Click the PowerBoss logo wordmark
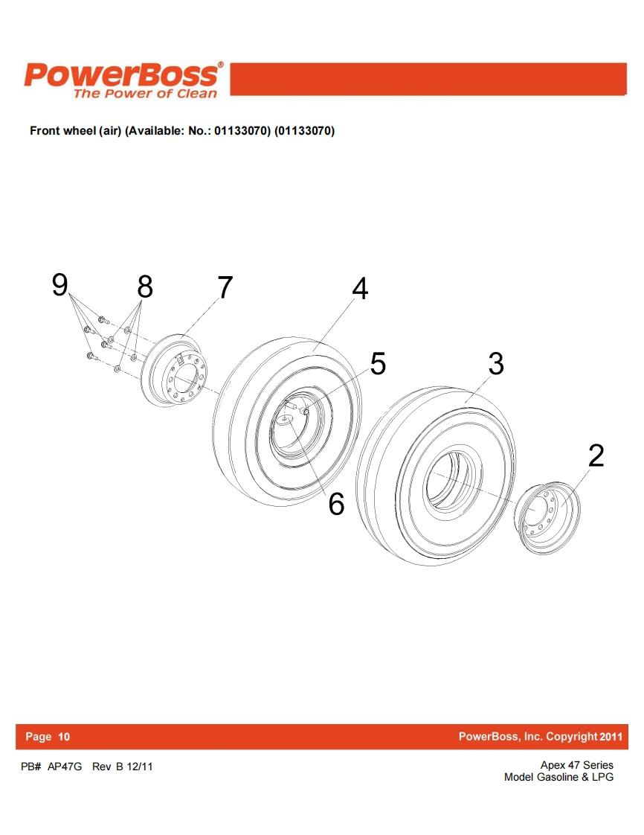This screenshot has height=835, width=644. [x=123, y=75]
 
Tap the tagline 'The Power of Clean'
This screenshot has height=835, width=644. [x=145, y=94]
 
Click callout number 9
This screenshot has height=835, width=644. [x=60, y=284]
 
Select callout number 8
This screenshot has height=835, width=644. [x=145, y=287]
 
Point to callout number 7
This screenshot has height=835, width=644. [x=225, y=287]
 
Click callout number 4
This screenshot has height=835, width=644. [x=361, y=289]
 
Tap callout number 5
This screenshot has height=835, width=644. [x=378, y=364]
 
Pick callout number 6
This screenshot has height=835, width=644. [x=336, y=504]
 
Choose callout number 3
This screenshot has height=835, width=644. [x=496, y=364]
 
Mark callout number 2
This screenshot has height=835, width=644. [x=596, y=456]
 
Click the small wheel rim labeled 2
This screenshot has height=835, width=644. [x=548, y=518]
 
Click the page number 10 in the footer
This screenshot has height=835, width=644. [x=64, y=737]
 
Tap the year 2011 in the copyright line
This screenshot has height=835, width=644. [x=611, y=737]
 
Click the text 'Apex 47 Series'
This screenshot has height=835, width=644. [x=577, y=765]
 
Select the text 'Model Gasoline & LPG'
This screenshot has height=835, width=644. [x=558, y=778]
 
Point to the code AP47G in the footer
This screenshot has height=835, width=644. [x=65, y=767]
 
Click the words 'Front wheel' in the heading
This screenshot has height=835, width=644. [x=62, y=131]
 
